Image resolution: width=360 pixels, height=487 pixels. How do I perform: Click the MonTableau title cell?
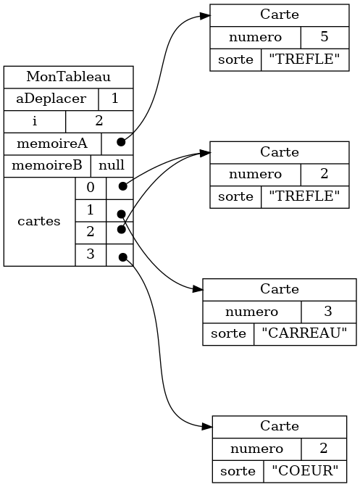pos(68,77)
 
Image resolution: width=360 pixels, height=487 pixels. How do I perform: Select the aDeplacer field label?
pos(51,99)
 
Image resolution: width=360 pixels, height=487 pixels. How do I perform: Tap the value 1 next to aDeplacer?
pos(115,99)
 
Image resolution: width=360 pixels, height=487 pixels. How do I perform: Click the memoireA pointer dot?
pos(121,142)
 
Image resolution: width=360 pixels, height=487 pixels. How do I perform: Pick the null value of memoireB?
pos(112,165)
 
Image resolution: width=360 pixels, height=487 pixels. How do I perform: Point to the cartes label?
pos(39,222)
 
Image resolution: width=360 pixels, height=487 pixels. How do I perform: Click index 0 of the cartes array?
pos(91,188)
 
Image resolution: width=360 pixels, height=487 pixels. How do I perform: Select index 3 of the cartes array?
pos(91,254)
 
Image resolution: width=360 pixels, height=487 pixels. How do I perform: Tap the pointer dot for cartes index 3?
pos(123,257)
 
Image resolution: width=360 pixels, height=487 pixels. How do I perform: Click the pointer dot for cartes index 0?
pos(123,186)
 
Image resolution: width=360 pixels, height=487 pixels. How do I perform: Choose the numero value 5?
pos(325,37)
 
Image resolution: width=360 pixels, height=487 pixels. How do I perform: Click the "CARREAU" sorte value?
pos(304,333)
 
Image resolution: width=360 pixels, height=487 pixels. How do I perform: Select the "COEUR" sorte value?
pos(305,471)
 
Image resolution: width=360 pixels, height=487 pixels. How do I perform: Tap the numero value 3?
pos(328,312)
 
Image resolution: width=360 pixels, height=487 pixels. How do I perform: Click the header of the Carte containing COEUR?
pos(280,426)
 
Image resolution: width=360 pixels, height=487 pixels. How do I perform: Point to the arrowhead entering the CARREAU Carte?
pos(197,289)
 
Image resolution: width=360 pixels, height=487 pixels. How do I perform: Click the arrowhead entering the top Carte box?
pos(204,16)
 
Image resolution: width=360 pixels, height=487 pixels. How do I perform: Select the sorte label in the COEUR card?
pos(238,471)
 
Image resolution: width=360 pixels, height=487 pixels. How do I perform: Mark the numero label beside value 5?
pos(255,38)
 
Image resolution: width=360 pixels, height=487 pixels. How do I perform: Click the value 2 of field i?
pos(99,121)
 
